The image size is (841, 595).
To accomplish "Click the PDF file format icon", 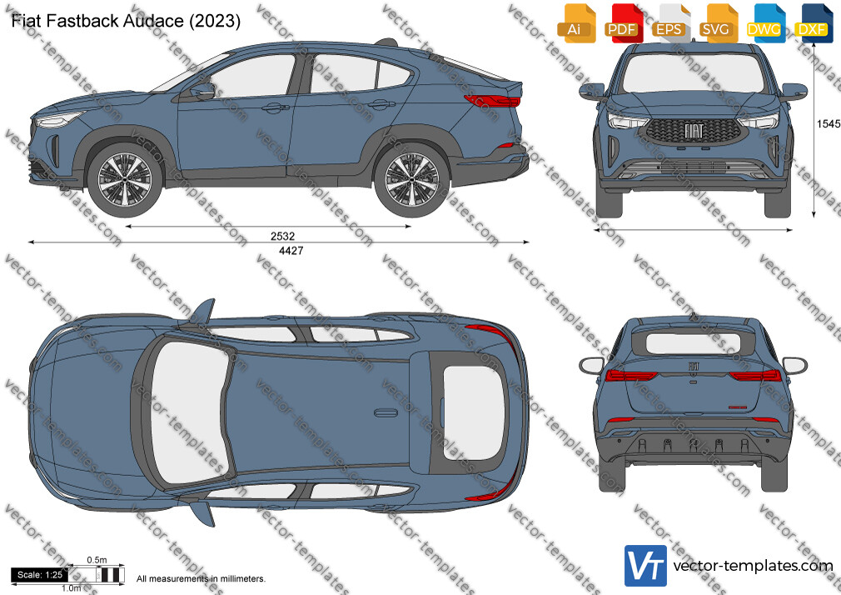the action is point(623,23).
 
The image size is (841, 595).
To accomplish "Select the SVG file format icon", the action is point(719,23).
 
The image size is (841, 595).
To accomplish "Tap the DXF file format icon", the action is point(814,23).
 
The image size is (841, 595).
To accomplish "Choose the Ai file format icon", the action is point(576,23).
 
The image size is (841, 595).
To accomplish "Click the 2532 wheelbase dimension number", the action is point(282,236).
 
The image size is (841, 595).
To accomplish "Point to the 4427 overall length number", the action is point(291,250).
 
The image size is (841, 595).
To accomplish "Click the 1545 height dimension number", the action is point(829,124).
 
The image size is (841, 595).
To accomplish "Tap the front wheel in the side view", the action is point(124,180).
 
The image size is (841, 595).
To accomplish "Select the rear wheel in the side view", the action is point(411,180).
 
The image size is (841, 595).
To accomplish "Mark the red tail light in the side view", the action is point(492,101).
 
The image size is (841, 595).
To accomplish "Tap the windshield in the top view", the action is point(188,412).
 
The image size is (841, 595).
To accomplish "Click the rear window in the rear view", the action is point(692,343).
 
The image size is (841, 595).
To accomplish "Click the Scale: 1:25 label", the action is point(40,575).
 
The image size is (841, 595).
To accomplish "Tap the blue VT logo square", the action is point(646,566).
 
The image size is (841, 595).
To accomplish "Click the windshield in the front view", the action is point(693,73).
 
